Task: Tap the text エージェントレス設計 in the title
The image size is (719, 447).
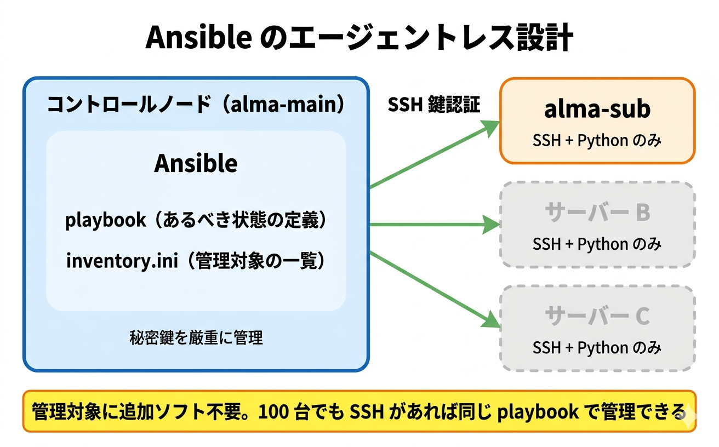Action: point(416,39)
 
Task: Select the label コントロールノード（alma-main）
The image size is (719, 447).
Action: point(196,105)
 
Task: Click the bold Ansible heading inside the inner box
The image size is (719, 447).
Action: point(196,163)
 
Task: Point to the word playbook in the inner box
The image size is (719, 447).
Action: point(106,220)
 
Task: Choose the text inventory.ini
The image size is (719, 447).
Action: point(122,261)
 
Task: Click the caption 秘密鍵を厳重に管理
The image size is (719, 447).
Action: point(196,338)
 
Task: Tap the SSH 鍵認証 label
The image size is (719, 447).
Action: point(434,105)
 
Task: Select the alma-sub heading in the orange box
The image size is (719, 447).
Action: point(597,109)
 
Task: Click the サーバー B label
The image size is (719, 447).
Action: point(597,213)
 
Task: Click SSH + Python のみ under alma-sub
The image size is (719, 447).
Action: point(597,141)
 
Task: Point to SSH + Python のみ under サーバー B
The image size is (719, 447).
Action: point(597,244)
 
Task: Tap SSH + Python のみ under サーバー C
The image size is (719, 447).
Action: point(597,347)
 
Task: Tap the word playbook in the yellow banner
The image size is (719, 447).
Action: point(537,411)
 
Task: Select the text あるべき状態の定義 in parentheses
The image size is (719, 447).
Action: point(239,220)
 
